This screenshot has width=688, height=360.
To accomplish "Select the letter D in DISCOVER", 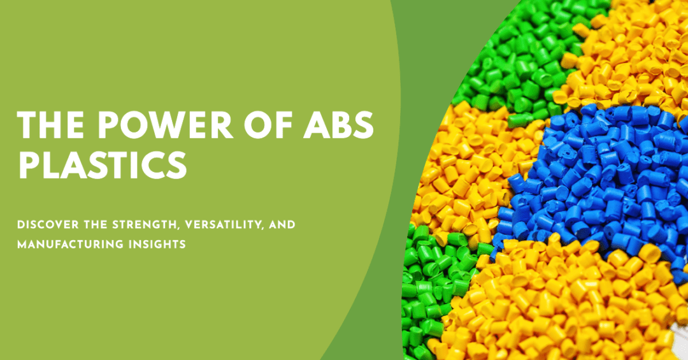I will tap(20, 225).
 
